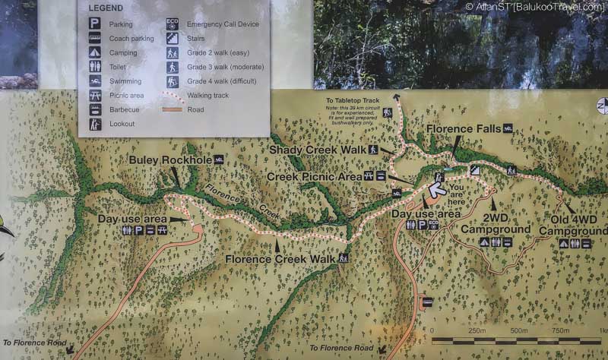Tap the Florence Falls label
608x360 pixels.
coord(462,129)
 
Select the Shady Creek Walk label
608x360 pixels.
coord(318,150)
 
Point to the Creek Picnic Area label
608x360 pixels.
coord(314,176)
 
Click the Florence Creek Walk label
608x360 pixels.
coord(280,259)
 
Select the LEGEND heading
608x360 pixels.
coord(106,8)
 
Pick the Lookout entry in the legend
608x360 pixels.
coord(122,124)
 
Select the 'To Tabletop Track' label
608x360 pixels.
coord(352,99)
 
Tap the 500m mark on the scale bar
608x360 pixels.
coord(518,339)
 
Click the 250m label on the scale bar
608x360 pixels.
coord(477,330)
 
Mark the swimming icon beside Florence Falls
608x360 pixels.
coord(507,128)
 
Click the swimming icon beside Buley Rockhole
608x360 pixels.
coord(219,159)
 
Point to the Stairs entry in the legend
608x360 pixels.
coord(196,38)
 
